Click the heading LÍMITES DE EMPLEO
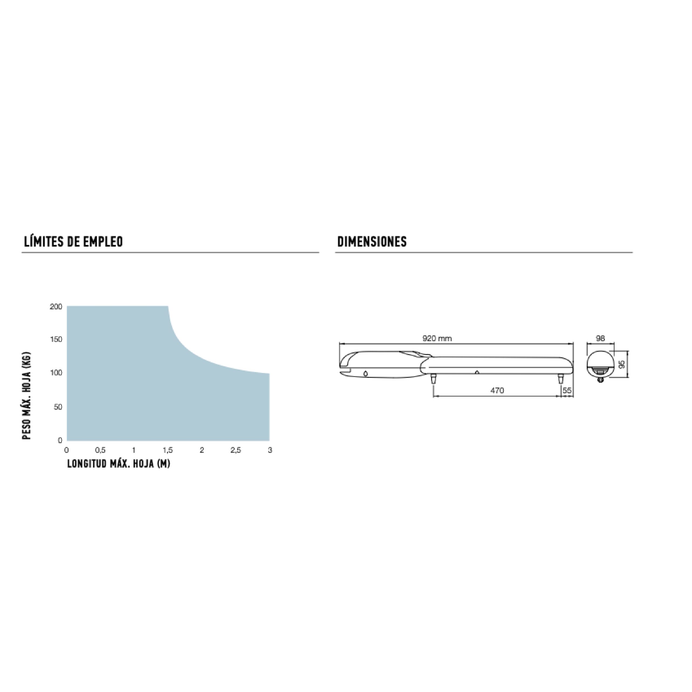(74, 242)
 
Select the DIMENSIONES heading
(372, 242)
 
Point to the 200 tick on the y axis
(56, 307)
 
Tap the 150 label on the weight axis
(56, 339)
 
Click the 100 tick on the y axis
(56, 373)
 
